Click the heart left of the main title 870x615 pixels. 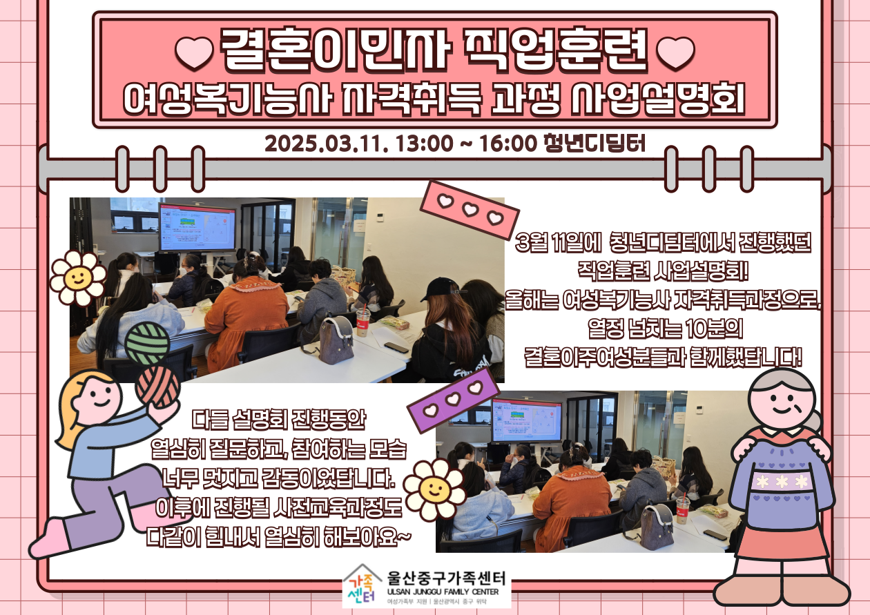click(194, 53)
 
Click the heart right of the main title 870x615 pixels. click(675, 53)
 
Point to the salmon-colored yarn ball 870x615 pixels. click(157, 387)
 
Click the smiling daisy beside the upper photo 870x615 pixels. click(78, 277)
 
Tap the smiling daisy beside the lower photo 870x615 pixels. click(434, 489)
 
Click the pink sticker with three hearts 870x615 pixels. click(470, 210)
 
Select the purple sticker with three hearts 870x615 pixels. click(453, 400)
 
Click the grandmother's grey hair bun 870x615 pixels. click(813, 421)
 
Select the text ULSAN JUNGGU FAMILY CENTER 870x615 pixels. click(443, 592)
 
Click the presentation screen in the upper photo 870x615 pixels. click(197, 227)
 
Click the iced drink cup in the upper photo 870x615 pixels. click(363, 322)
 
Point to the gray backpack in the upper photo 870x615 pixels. click(336, 340)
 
